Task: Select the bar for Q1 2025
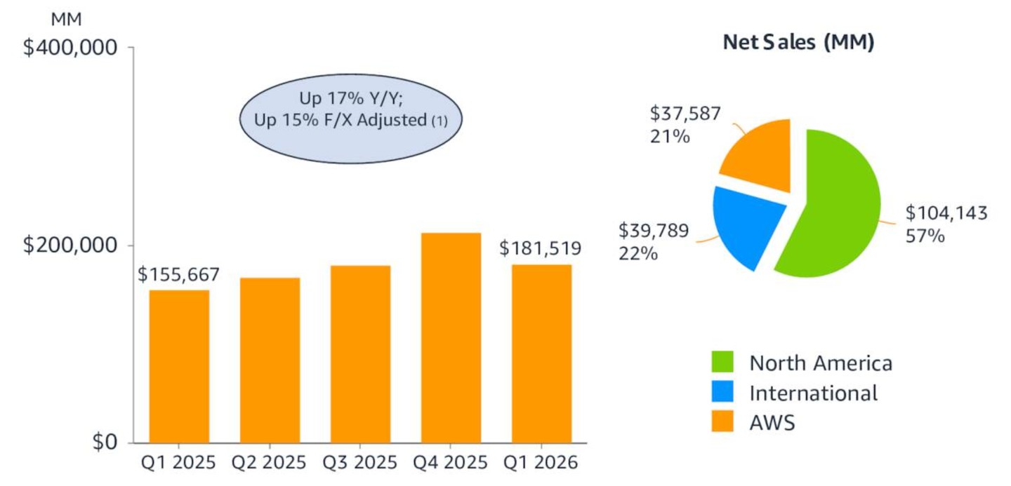click(x=179, y=366)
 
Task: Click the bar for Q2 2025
click(x=270, y=360)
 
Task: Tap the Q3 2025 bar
click(x=360, y=354)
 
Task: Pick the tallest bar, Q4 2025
click(x=451, y=337)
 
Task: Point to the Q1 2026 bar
click(x=541, y=353)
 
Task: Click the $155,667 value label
click(x=178, y=274)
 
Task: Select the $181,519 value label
click(x=540, y=248)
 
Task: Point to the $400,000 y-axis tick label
click(x=69, y=48)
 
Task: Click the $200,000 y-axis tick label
click(x=69, y=245)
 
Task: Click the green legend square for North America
click(x=722, y=363)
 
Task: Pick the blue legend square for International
click(x=722, y=393)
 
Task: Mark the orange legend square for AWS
click(x=722, y=422)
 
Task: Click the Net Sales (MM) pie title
click(x=798, y=43)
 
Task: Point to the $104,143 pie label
click(x=946, y=212)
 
